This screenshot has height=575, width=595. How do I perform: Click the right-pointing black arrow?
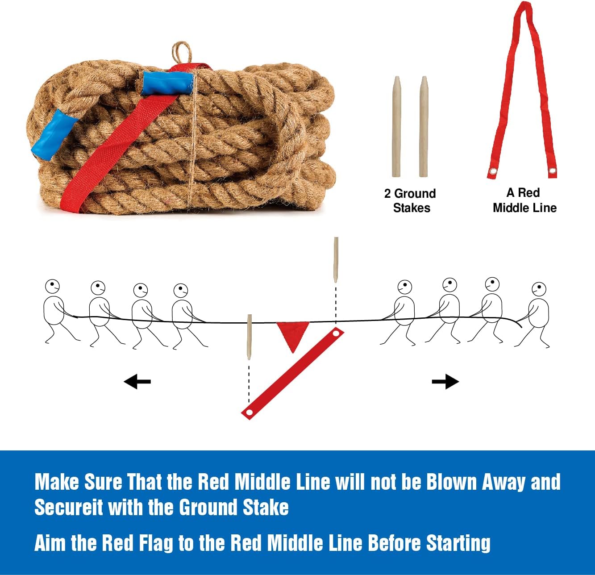[445, 382]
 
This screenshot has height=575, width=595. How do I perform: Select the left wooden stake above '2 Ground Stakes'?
[396, 127]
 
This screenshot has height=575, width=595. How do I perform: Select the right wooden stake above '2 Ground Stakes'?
[424, 127]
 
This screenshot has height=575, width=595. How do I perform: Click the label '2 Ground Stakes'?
[410, 200]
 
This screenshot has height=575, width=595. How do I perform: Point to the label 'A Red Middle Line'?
[524, 200]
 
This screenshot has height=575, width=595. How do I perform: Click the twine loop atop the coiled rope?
[182, 52]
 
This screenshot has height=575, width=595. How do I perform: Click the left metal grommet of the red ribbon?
[493, 171]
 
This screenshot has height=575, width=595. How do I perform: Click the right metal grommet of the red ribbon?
[553, 171]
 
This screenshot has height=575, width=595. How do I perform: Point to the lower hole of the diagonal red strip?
[250, 412]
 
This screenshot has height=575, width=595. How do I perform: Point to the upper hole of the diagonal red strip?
[336, 333]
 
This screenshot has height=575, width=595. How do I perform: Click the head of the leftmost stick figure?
[52, 287]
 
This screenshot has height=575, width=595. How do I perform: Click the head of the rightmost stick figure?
[539, 289]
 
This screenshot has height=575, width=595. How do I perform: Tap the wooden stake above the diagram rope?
[336, 259]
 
